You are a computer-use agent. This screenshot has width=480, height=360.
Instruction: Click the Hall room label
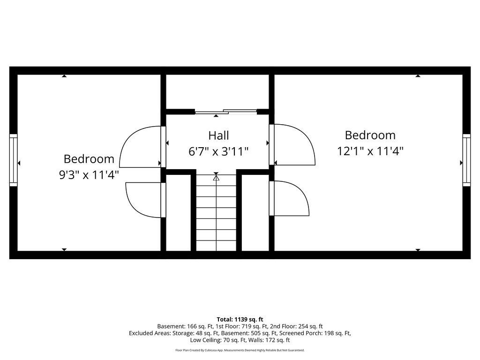pyautogui.click(x=218, y=135)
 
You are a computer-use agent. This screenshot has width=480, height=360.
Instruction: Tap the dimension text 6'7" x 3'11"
pyautogui.click(x=218, y=151)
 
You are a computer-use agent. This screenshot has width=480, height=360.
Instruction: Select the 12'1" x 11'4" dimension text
pyautogui.click(x=370, y=151)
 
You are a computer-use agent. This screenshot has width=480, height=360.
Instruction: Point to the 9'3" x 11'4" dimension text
pyautogui.click(x=89, y=175)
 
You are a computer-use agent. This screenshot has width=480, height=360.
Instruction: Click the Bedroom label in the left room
pyautogui.click(x=89, y=159)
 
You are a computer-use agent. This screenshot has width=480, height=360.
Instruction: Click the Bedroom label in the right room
pyautogui.click(x=370, y=135)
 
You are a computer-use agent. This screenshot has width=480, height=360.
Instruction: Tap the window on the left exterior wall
pyautogui.click(x=14, y=160)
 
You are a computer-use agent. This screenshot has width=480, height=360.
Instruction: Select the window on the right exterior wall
pyautogui.click(x=466, y=160)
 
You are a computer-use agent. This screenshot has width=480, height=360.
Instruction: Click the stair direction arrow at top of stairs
pyautogui.click(x=216, y=177)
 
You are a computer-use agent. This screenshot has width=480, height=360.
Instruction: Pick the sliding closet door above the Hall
pyautogui.click(x=226, y=112)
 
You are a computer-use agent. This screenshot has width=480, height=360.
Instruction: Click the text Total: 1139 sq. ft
pyautogui.click(x=240, y=320)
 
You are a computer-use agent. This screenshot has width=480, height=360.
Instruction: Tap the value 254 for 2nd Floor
pyautogui.click(x=303, y=326)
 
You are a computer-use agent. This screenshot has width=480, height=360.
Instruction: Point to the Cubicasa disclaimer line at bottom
pyautogui.click(x=240, y=350)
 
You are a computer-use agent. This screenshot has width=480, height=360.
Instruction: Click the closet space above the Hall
pyautogui.click(x=217, y=92)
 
